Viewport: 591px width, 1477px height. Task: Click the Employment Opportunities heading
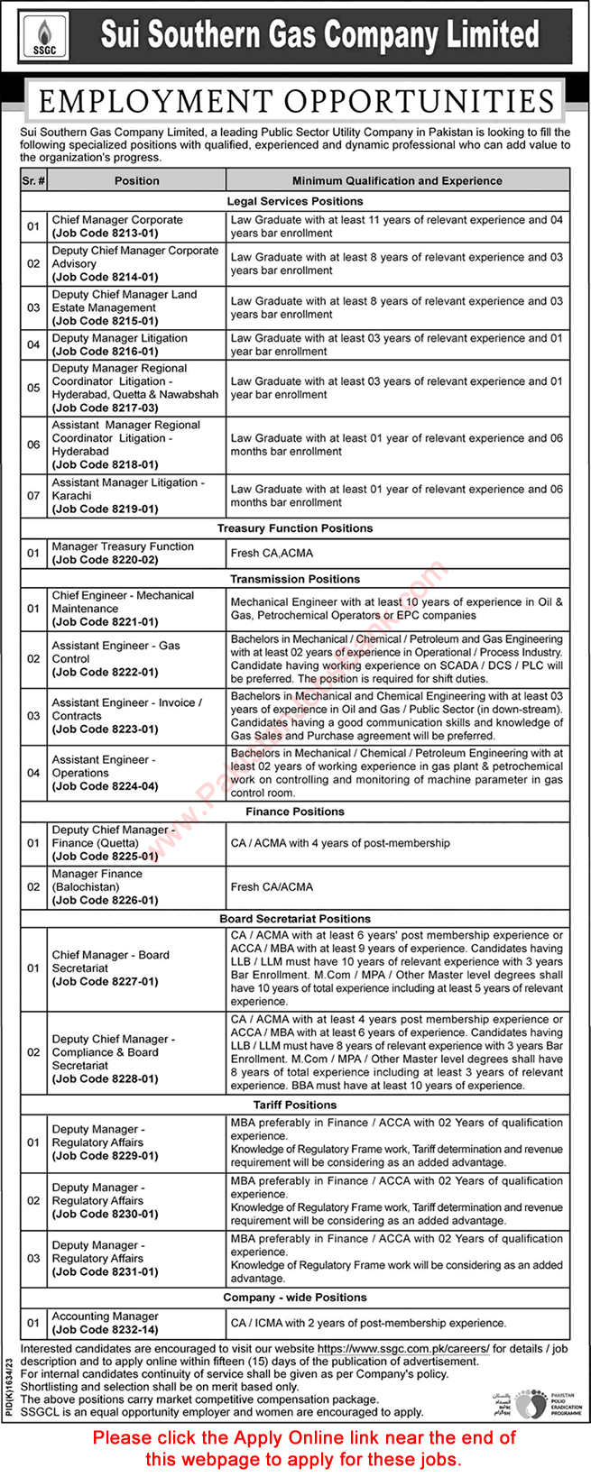click(x=296, y=100)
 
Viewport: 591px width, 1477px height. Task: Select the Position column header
click(x=137, y=180)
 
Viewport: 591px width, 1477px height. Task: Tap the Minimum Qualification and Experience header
click(x=397, y=180)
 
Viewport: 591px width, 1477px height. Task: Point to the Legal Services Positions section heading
click(x=295, y=201)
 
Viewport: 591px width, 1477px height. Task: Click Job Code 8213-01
click(x=105, y=233)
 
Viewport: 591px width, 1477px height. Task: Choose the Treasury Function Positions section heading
click(x=295, y=528)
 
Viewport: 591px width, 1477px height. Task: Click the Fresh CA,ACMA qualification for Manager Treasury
click(x=272, y=553)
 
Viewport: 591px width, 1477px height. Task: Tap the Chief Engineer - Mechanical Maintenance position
click(x=123, y=602)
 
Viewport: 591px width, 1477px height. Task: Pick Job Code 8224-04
click(x=105, y=786)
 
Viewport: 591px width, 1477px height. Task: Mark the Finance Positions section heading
click(x=295, y=812)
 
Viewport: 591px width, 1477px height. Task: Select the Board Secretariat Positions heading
click(x=295, y=918)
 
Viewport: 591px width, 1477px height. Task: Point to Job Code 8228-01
click(x=105, y=1078)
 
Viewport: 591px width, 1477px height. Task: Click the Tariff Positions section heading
click(x=295, y=1105)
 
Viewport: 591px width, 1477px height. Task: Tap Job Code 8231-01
click(x=105, y=1271)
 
